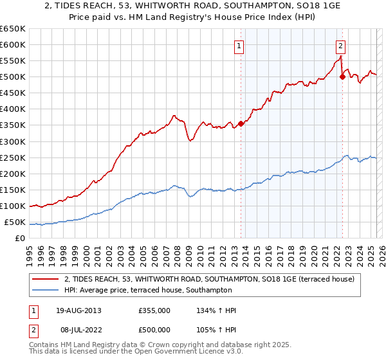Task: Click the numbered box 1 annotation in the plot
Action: (x=239, y=46)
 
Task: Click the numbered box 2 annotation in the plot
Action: (x=340, y=46)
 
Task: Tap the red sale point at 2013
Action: (x=241, y=123)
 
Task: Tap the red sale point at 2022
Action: (x=342, y=76)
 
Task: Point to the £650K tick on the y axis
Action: (x=13, y=29)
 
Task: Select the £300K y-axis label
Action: (x=13, y=141)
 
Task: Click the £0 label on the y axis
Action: (x=21, y=239)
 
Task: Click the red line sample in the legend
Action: (x=45, y=278)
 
